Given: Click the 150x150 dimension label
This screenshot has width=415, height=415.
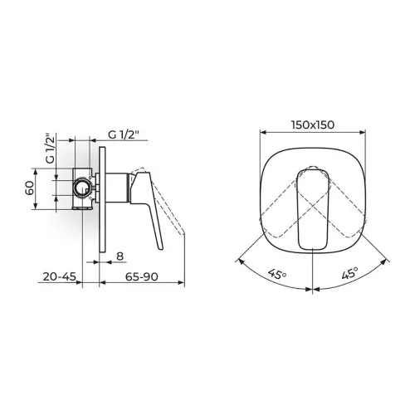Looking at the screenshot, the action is click(313, 124).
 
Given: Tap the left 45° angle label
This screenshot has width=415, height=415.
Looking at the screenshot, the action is click(277, 275).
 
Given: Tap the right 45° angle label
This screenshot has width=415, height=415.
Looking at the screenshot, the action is click(350, 273).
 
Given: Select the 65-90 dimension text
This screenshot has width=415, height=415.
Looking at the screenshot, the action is click(141, 276).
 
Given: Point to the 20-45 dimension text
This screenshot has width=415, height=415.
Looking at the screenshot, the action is click(59, 276).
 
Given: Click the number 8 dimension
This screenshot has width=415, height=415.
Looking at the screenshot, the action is click(120, 256).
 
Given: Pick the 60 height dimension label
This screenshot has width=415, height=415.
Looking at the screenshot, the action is click(30, 188).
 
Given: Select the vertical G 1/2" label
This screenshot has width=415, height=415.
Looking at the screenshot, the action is click(50, 149).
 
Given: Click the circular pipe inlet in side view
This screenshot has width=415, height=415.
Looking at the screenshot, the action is click(82, 188).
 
